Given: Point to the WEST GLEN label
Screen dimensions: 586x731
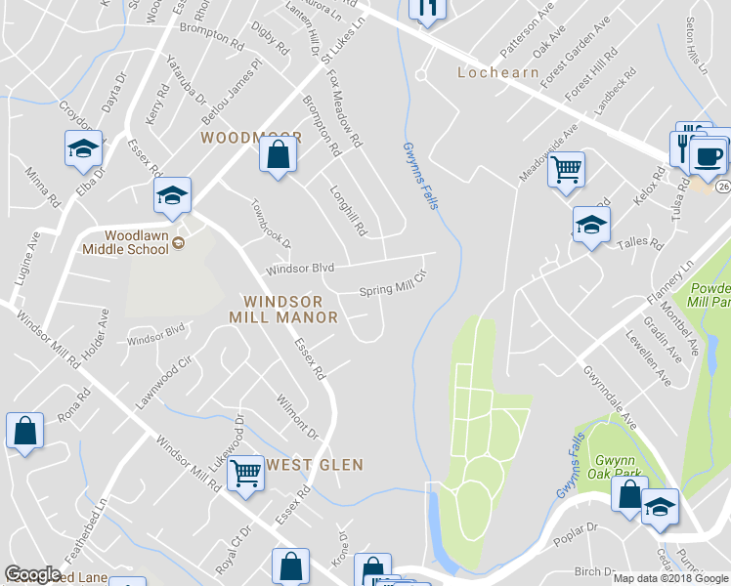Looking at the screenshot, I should [x=315, y=465].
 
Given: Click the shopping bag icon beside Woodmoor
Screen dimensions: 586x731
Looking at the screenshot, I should [x=279, y=155].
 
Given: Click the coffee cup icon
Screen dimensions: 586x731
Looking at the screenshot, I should [x=708, y=155].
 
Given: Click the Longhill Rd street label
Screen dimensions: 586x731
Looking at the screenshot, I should [x=347, y=212].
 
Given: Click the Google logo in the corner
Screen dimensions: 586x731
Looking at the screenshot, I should [x=32, y=574].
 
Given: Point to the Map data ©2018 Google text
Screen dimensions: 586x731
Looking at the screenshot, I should [x=668, y=578].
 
